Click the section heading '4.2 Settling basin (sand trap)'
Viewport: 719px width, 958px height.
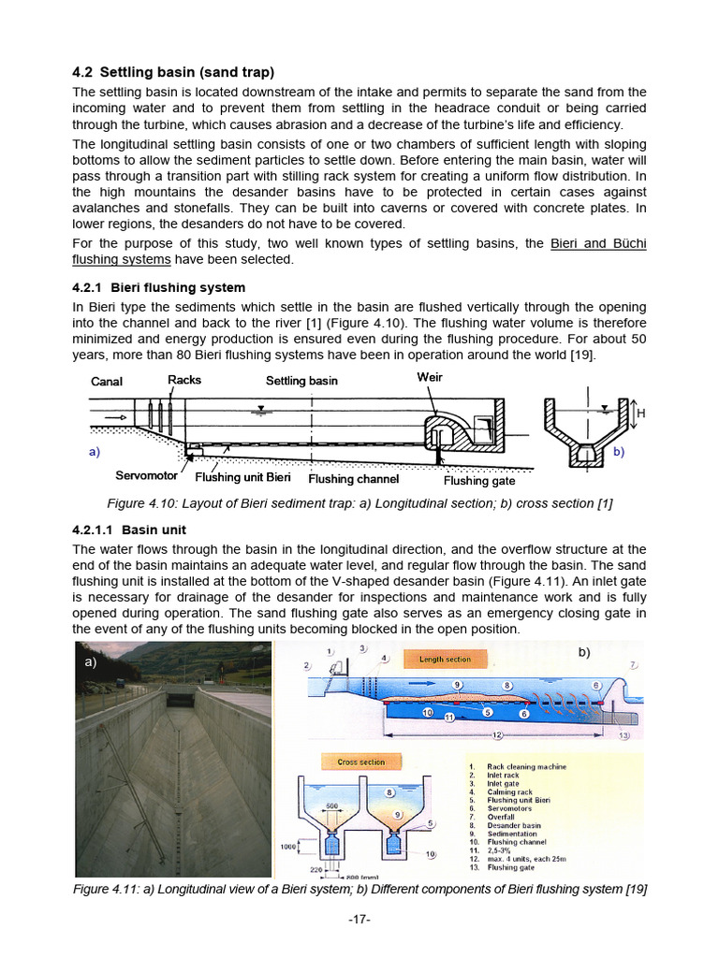coord(173,72)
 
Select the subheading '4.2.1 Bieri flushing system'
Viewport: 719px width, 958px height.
coord(158,287)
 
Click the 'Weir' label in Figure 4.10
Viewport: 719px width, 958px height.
coord(429,377)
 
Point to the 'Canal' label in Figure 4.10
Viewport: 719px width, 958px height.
coord(107,381)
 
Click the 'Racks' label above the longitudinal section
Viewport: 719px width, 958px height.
coord(184,379)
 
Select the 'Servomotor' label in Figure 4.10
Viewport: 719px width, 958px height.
coord(146,476)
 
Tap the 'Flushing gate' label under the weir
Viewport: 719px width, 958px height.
coord(478,480)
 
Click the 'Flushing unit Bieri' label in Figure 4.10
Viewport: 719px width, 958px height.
coord(242,478)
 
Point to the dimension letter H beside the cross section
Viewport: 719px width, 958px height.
coord(640,413)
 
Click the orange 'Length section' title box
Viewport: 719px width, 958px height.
coord(445,659)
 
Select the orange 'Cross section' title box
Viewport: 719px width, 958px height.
coord(360,762)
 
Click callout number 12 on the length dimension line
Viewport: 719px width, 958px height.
coord(498,735)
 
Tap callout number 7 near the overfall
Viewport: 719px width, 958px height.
coord(633,665)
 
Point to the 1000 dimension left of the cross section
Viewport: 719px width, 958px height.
coord(289,847)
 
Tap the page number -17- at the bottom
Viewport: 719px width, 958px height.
coord(359,920)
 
